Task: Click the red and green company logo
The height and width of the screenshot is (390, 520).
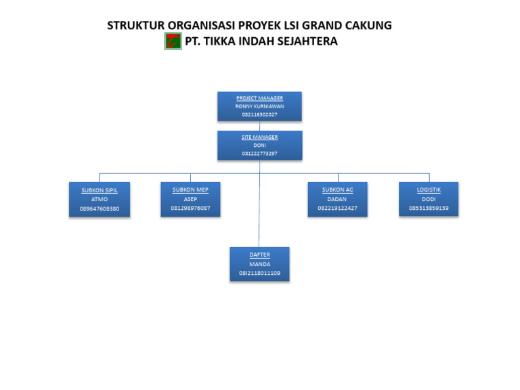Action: click(173, 41)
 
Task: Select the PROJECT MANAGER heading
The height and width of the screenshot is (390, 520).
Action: click(259, 98)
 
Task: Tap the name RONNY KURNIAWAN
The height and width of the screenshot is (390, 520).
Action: click(259, 106)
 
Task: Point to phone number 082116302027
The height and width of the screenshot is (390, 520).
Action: click(259, 114)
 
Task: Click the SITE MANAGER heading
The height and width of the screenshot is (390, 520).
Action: click(259, 137)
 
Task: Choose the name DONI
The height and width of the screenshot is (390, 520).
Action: click(259, 145)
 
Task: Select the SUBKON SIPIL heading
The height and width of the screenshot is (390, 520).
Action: click(100, 190)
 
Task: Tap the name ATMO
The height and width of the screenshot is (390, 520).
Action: click(100, 199)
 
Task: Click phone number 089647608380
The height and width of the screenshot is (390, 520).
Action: click(100, 209)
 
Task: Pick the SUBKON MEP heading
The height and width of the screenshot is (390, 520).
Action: click(190, 190)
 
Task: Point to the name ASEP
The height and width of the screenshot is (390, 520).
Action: click(190, 198)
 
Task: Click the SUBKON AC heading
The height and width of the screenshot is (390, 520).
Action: click(337, 190)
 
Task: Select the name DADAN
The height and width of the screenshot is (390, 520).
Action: click(337, 199)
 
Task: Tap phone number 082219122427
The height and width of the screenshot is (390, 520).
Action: click(337, 208)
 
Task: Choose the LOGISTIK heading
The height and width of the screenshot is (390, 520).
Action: click(429, 190)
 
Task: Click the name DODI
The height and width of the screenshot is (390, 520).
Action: click(429, 199)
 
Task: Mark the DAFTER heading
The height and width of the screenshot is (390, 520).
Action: click(259, 255)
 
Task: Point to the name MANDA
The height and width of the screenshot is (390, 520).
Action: click(259, 264)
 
